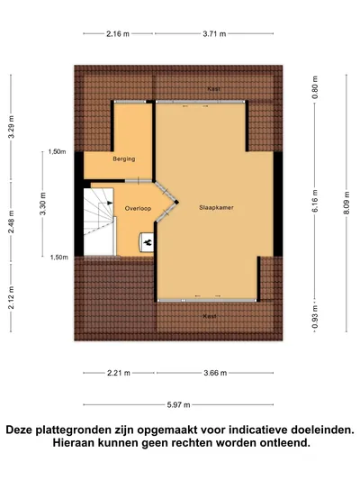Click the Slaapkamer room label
pyautogui.click(x=216, y=207)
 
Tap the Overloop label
pyautogui.click(x=138, y=209)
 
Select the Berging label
pyautogui.click(x=124, y=158)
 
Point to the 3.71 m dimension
pyautogui.click(x=214, y=33)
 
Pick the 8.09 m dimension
pyautogui.click(x=346, y=203)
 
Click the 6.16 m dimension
pyautogui.click(x=315, y=201)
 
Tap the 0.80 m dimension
pyautogui.click(x=315, y=87)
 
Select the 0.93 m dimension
pyautogui.click(x=315, y=316)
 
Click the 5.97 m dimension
pyautogui.click(x=178, y=404)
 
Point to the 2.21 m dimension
pyautogui.click(x=119, y=373)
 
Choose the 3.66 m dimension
pyautogui.click(x=215, y=373)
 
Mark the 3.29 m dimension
pyautogui.click(x=11, y=127)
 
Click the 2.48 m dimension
pyautogui.click(x=11, y=222)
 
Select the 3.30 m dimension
pyautogui.click(x=43, y=204)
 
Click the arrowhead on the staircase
pyautogui.click(x=110, y=203)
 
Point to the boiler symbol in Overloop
pyautogui.click(x=147, y=242)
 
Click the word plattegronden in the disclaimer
pyautogui.click(x=84, y=430)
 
